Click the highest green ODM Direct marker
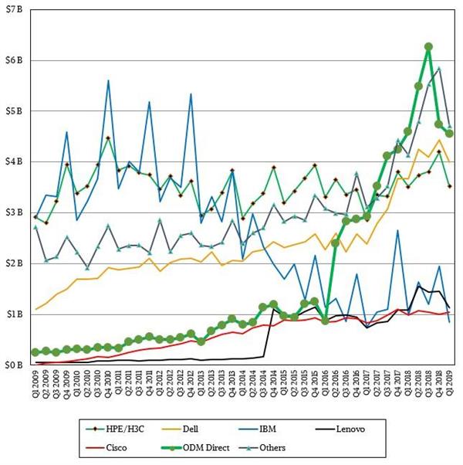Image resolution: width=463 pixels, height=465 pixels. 428,46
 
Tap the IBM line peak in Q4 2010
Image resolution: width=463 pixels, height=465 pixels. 108,80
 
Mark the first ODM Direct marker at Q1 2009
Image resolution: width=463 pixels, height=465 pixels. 35,352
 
